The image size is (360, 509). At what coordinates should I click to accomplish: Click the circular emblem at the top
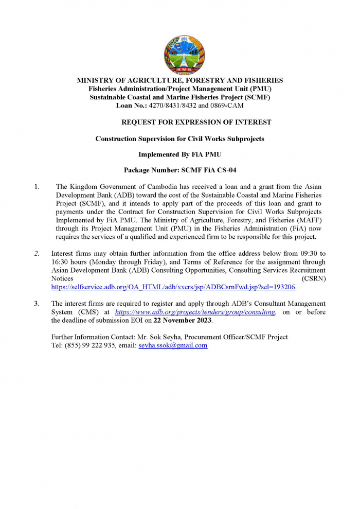tap(179, 56)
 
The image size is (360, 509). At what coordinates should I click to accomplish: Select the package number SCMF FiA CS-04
tap(211, 170)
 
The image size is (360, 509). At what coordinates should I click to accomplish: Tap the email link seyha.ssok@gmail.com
tap(173, 345)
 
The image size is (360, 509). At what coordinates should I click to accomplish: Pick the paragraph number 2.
tap(37, 254)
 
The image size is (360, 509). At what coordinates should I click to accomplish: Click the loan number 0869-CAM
tap(227, 106)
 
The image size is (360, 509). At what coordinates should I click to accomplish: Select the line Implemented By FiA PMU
tap(179, 154)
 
